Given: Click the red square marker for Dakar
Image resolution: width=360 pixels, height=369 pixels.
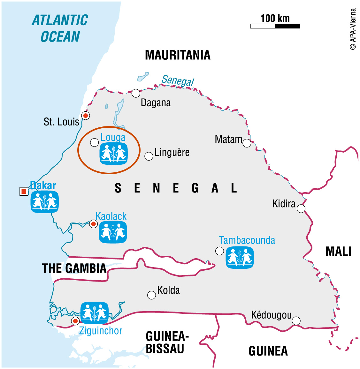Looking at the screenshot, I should pos(24,192).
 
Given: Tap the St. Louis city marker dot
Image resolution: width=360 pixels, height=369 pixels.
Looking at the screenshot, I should pos(85,115).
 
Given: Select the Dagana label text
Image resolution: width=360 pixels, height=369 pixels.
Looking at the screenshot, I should pos(156,103).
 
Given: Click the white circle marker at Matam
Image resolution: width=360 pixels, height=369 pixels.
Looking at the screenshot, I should pos(247,143).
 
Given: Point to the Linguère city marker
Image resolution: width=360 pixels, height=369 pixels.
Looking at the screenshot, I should pos(149,156).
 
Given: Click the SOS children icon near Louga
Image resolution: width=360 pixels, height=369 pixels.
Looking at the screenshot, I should pos(114,154).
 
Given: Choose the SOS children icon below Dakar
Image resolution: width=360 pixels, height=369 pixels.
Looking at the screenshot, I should pos(45,202).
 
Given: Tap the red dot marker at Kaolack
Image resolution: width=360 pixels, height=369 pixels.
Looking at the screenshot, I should pos(93,224).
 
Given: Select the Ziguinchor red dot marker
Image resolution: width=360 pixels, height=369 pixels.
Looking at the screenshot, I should pos(75,321).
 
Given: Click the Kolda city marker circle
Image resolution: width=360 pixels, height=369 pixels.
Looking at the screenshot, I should pos(151,295).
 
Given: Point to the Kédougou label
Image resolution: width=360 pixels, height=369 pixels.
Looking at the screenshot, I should pos(271,315).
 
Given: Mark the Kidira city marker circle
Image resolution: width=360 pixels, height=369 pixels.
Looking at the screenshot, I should pos(301,209).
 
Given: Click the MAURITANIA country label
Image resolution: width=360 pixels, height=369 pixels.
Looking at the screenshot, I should pos(178,55).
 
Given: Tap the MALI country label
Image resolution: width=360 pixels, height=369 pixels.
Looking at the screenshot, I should pos(338,252).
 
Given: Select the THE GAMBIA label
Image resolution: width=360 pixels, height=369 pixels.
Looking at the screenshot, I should pos(74,268).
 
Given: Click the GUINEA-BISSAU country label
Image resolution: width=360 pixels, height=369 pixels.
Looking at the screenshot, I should pos(167,343).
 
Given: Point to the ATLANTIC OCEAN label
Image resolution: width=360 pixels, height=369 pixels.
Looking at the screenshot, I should pos(60,28).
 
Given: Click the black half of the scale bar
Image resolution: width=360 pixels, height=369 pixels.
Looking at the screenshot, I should pos(287,26).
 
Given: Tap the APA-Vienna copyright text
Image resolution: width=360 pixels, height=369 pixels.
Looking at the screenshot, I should pos(353,29).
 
